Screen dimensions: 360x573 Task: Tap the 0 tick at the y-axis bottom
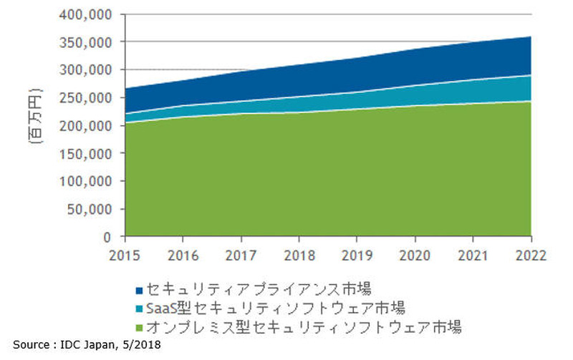pos(107,237)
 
